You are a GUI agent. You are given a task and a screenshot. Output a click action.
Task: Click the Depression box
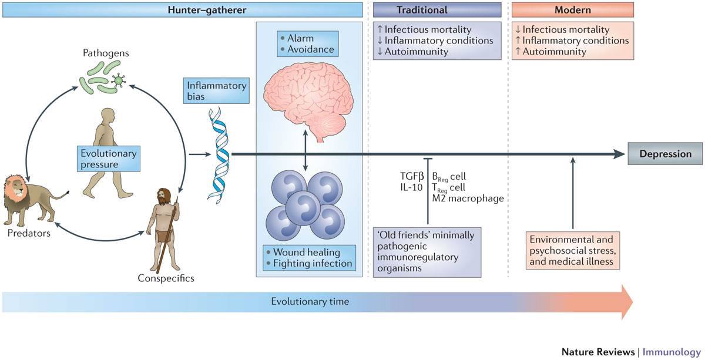665,154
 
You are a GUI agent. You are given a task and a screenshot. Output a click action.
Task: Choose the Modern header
573,10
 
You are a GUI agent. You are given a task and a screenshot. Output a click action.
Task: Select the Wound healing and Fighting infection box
309,258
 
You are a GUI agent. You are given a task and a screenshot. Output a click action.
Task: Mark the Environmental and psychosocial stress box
573,250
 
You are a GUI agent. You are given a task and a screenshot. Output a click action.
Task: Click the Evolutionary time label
310,302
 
